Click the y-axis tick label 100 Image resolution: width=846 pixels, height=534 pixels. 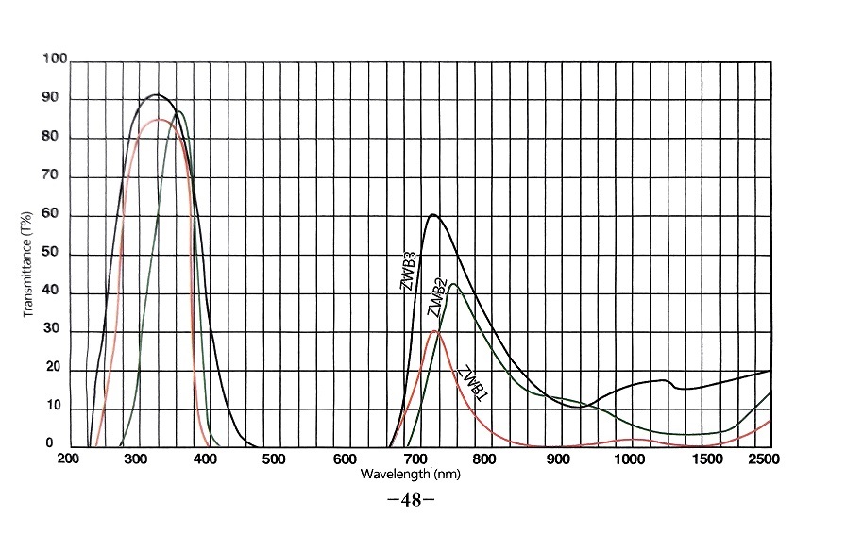[x=55, y=59]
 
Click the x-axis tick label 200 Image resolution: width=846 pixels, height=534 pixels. [x=68, y=460]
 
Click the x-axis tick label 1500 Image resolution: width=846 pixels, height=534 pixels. [x=700, y=460]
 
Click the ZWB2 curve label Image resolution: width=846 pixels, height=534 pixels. [x=437, y=296]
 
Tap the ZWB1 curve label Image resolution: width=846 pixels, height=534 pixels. [x=472, y=382]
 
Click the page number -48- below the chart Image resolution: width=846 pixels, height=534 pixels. [x=411, y=501]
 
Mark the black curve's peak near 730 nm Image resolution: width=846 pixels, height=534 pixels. [x=433, y=215]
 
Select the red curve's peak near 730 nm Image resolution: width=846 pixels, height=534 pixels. [x=434, y=331]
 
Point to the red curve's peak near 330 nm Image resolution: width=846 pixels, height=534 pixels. [x=158, y=120]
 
